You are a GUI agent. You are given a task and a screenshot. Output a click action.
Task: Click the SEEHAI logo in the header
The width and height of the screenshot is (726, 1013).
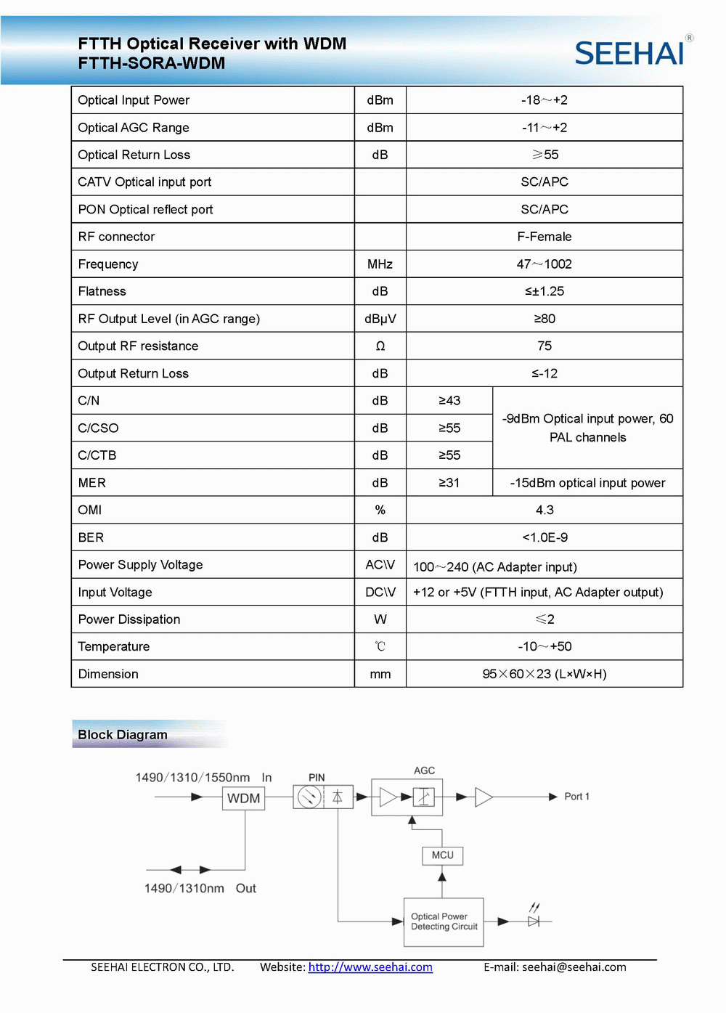point(630,53)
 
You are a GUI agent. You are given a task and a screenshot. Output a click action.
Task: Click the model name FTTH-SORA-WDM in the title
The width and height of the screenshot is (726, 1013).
point(152,63)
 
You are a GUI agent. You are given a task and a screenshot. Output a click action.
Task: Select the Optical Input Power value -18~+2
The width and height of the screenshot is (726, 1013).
point(544,100)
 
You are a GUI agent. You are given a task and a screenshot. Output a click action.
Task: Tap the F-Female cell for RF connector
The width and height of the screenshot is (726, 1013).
point(544,237)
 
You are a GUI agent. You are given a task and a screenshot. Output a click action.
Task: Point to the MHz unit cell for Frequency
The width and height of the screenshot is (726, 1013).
point(380,264)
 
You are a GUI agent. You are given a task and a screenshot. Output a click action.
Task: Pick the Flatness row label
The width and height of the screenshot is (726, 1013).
point(102,291)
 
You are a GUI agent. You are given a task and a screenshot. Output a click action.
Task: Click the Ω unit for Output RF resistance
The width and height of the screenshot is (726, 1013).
point(380,346)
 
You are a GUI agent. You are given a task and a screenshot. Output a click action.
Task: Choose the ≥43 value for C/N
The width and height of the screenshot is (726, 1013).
point(449,401)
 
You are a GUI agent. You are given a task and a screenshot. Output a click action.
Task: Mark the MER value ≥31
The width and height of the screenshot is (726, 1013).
point(449,483)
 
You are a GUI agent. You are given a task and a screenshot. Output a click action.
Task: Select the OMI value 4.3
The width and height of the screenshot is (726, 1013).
point(544,510)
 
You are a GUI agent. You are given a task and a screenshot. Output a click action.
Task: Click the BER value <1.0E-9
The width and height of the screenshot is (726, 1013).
point(544,537)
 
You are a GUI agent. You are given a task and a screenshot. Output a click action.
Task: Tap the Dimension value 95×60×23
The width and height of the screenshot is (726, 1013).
point(544,674)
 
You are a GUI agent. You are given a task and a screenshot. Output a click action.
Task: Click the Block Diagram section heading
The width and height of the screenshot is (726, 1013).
point(123,735)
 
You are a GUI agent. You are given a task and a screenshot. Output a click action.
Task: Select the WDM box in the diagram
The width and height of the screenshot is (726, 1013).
point(244,798)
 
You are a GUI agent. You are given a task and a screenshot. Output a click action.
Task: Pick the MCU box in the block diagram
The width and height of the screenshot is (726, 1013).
point(442,855)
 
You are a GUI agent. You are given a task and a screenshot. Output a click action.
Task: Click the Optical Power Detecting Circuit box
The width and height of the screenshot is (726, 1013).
point(444,922)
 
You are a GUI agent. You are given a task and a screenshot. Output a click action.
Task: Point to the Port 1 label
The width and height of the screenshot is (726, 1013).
point(576,797)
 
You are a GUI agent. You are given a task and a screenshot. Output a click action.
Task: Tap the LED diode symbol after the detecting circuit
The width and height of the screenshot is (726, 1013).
point(534,921)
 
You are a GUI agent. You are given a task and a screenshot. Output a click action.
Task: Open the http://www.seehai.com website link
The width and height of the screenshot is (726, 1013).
point(370,967)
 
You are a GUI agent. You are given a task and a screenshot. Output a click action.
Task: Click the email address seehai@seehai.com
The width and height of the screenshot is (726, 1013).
point(574,967)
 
